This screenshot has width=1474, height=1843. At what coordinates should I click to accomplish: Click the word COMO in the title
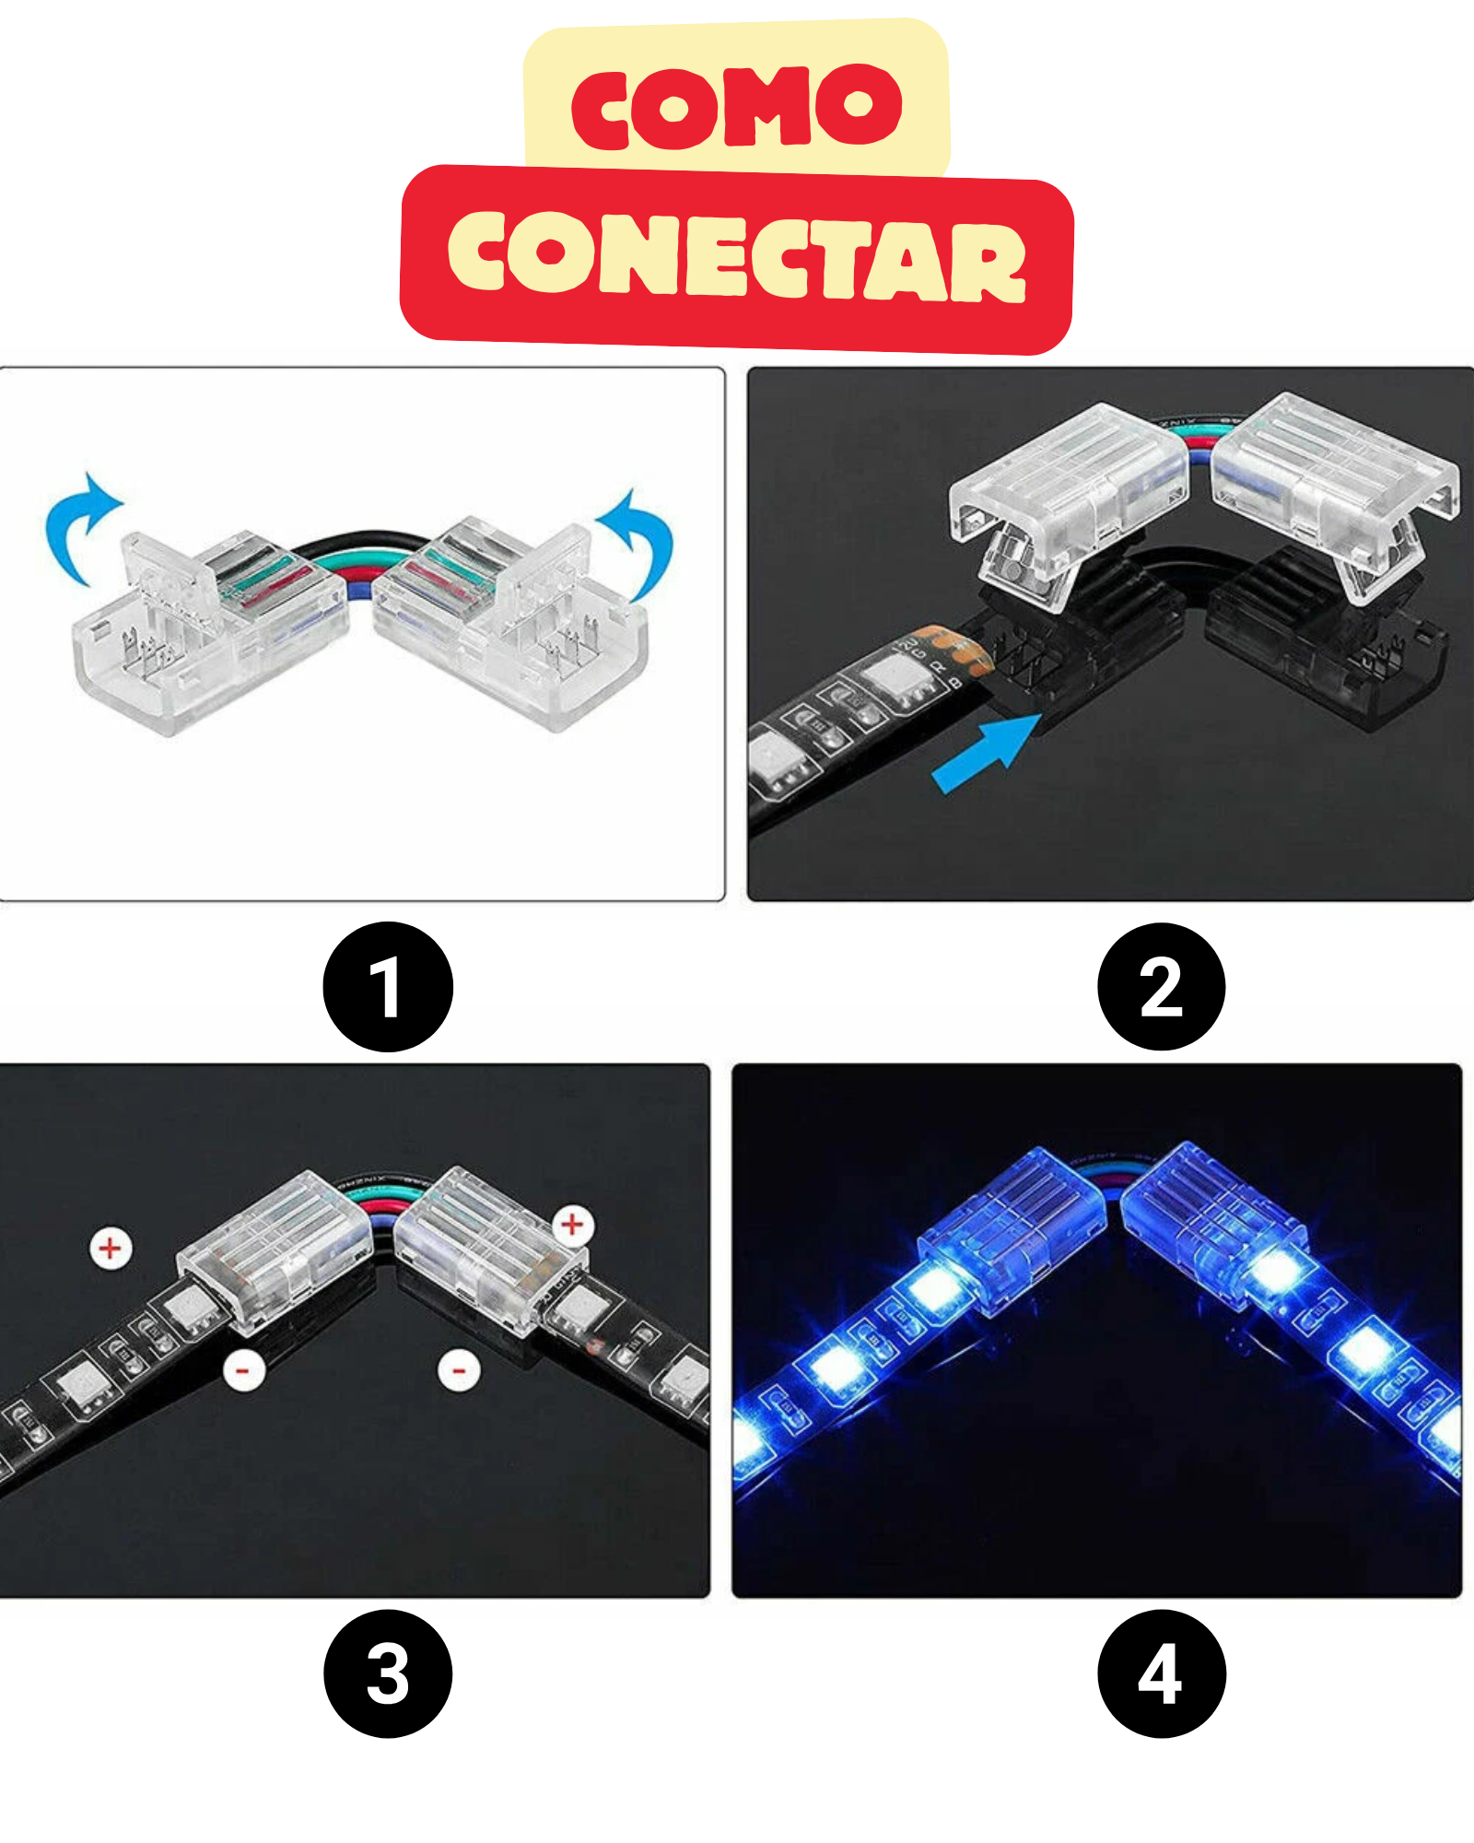point(737,106)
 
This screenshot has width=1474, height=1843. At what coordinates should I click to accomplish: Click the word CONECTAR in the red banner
point(737,256)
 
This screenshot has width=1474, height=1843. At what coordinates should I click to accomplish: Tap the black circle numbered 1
point(388,986)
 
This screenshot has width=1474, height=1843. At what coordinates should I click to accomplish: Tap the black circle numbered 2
point(1162,986)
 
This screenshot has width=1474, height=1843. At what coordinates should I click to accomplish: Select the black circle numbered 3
point(388,1674)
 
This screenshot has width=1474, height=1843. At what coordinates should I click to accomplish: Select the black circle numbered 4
point(1162,1674)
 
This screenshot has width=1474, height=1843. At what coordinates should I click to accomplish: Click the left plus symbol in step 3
point(111,1249)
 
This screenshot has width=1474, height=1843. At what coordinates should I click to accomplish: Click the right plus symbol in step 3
point(573,1225)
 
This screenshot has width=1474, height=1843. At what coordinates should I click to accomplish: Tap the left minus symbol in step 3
point(244,1371)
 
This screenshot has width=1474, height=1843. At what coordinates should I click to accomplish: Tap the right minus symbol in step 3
point(459,1370)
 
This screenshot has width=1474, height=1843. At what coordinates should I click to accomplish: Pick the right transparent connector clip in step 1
point(512,622)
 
